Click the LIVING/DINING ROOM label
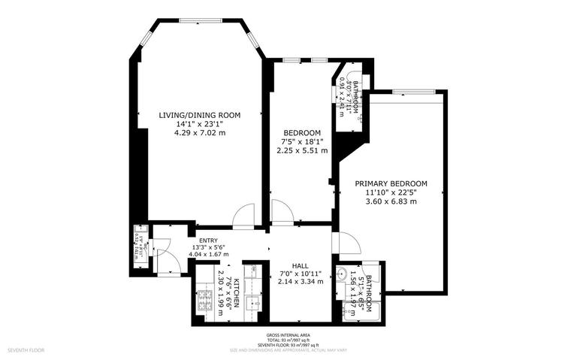click(x=199, y=115)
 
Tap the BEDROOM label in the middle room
click(x=302, y=132)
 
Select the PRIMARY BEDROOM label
click(x=391, y=183)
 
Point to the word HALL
click(x=301, y=265)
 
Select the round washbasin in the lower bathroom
click(x=343, y=274)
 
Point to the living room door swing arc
click(x=243, y=216)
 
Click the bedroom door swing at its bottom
click(x=281, y=213)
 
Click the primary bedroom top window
click(x=409, y=92)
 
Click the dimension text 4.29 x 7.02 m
click(x=199, y=133)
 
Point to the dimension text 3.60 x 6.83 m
click(x=391, y=201)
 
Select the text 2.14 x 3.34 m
click(x=301, y=282)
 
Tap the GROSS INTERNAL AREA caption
click(x=288, y=334)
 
